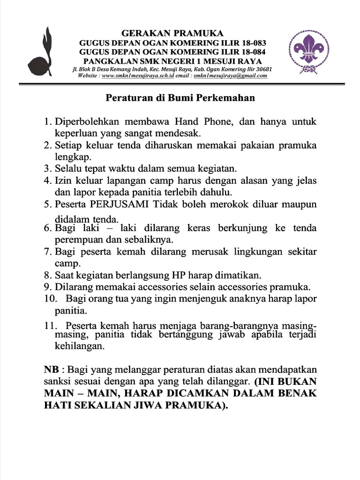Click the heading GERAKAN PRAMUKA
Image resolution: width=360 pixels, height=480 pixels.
(x=172, y=33)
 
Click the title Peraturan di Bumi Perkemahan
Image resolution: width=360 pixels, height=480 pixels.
(x=180, y=98)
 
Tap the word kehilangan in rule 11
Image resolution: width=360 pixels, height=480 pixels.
(x=80, y=347)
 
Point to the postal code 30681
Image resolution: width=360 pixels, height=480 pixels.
(x=262, y=69)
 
